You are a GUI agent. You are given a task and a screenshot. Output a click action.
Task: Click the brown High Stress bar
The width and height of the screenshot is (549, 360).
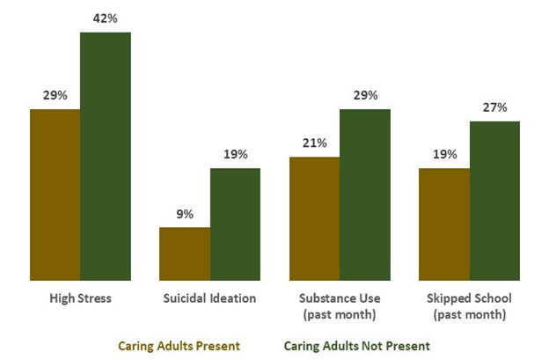pyautogui.click(x=55, y=195)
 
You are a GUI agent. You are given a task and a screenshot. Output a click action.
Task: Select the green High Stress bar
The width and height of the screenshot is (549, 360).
pyautogui.click(x=106, y=157)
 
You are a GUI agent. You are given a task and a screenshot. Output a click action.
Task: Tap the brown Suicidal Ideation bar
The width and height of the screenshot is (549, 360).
pyautogui.click(x=185, y=254)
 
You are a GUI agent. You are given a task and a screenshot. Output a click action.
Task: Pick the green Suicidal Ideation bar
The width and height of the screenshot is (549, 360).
pyautogui.click(x=235, y=224)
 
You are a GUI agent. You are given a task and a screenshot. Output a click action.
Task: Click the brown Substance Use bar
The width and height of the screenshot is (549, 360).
pyautogui.click(x=314, y=219)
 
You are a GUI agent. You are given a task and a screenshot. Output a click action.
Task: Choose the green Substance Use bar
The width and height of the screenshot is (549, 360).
pyautogui.click(x=365, y=195)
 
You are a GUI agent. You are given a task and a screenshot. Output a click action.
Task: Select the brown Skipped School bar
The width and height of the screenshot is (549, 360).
pyautogui.click(x=444, y=224)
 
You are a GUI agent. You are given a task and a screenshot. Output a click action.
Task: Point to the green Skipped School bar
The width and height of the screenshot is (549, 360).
pyautogui.click(x=494, y=202)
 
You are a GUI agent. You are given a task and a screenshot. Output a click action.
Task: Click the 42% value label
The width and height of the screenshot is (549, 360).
pyautogui.click(x=106, y=18)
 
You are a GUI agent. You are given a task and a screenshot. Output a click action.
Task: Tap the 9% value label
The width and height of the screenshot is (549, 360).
pyautogui.click(x=185, y=213)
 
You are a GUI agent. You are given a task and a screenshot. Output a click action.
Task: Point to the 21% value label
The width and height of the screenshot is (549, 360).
pyautogui.click(x=314, y=143)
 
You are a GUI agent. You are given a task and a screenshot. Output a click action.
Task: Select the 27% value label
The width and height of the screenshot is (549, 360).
pyautogui.click(x=494, y=107)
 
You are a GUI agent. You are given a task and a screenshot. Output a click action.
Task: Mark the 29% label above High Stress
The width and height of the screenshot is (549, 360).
pyautogui.click(x=55, y=95)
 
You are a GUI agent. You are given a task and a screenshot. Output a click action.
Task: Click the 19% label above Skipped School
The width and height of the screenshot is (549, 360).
pyautogui.click(x=444, y=154)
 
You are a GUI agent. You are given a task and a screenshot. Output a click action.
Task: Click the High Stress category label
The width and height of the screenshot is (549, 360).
pyautogui.click(x=80, y=298)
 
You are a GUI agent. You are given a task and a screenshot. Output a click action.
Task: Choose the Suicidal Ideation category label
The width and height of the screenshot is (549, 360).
pyautogui.click(x=209, y=298)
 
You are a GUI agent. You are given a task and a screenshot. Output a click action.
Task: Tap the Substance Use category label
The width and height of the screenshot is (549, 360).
pyautogui.click(x=340, y=305)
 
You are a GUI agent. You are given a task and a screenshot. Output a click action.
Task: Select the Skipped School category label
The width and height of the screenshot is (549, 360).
pyautogui.click(x=469, y=305)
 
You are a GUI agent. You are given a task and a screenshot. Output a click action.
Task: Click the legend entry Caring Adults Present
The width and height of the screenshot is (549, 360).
pyautogui.click(x=179, y=346)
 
